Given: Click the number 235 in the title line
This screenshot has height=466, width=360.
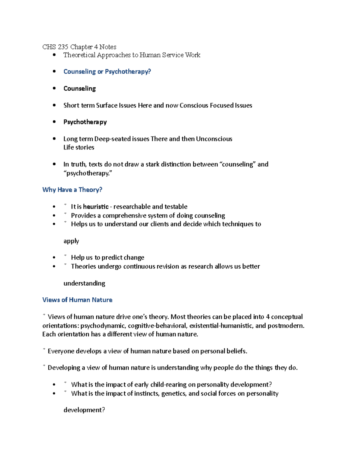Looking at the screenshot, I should point(63,47).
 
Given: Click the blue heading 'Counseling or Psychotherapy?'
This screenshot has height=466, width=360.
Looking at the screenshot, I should point(107,72).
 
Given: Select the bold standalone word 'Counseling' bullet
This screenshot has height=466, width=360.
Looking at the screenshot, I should point(79,89).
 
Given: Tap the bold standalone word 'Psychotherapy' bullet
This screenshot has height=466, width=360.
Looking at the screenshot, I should point(85,122).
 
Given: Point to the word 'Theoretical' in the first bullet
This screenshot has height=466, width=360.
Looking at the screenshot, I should point(79,55).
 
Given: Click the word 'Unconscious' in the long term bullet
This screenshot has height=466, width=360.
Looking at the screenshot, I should point(214,139).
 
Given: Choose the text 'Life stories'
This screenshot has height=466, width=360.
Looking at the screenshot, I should point(79,147).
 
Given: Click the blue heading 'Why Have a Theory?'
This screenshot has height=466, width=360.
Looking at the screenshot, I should point(72,190).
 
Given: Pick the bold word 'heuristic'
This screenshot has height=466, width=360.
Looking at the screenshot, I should point(96,207).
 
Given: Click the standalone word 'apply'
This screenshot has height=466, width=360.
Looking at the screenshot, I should point(71,241).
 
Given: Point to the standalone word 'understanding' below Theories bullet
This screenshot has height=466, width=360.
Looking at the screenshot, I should point(84,283).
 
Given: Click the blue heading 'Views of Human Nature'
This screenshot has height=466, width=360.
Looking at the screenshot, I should point(77,300).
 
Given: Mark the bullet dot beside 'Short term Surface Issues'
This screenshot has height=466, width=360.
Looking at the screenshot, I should point(54,105).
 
